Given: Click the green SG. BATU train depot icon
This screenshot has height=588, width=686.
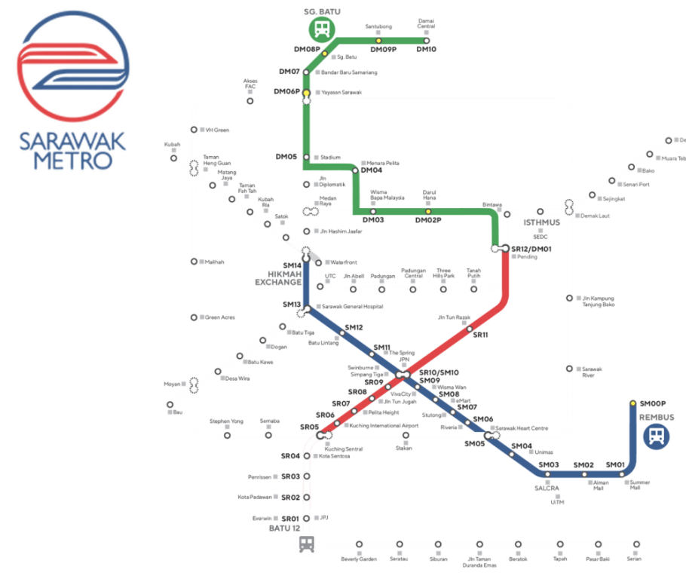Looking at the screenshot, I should (x=321, y=29).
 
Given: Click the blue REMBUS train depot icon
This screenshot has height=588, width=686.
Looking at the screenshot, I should (x=656, y=436).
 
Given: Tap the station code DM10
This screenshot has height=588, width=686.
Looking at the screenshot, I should (x=426, y=50).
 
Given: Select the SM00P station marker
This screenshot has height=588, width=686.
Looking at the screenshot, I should (x=632, y=403).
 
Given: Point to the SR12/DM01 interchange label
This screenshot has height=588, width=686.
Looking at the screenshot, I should (x=531, y=249).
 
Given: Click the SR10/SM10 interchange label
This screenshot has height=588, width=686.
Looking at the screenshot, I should (x=439, y=372).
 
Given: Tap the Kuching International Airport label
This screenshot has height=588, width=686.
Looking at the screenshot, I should (x=383, y=426).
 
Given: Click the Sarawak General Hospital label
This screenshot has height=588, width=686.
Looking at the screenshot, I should (x=352, y=307).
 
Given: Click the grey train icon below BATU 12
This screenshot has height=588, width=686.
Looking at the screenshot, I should (x=307, y=544).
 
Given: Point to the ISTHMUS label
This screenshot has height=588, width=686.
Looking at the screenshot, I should (x=542, y=223).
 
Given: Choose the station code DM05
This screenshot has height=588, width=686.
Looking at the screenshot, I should (x=286, y=157).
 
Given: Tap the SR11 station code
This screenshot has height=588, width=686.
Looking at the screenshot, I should (x=480, y=335).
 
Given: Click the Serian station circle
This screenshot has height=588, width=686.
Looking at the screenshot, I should (x=637, y=544).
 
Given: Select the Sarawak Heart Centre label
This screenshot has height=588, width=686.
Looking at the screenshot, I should (x=522, y=428).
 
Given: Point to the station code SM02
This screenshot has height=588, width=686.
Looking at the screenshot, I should (x=584, y=465).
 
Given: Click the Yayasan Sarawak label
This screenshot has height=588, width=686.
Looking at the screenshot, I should (x=341, y=93).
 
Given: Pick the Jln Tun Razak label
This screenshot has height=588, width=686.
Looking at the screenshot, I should (x=454, y=318).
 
